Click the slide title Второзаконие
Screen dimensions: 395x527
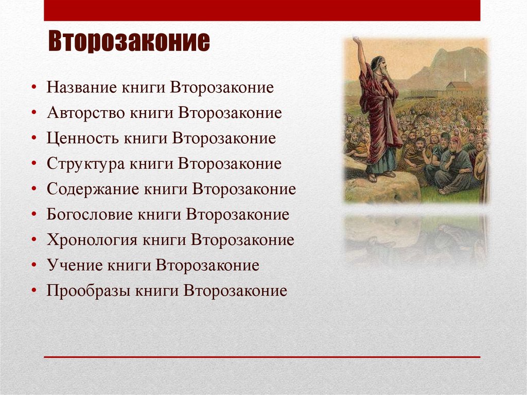tap(129, 43)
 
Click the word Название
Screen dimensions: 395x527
tap(81, 87)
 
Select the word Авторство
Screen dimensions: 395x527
tap(85, 112)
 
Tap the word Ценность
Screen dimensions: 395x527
tap(81, 138)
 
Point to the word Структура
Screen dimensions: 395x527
tap(85, 164)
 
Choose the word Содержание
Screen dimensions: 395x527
tap(92, 190)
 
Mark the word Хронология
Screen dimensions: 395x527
tap(92, 241)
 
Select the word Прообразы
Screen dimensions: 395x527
tap(88, 291)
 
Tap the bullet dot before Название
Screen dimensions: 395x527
tap(33, 87)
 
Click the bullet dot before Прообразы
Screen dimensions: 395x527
tap(33, 291)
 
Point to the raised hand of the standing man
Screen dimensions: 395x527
tap(356, 41)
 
